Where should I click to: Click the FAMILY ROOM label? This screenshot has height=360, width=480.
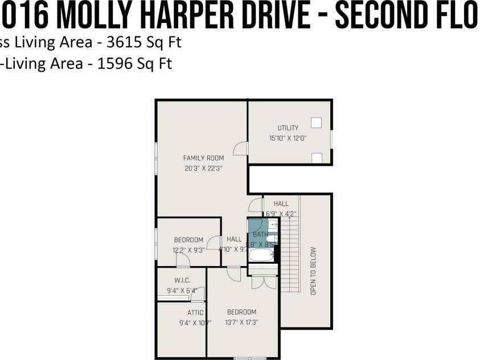(203, 158)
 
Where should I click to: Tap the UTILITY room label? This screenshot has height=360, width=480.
(288, 128)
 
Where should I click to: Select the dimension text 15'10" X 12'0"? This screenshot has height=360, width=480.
(288, 138)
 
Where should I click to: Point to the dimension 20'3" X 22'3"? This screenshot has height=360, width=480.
(203, 168)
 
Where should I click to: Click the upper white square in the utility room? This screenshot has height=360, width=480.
(317, 122)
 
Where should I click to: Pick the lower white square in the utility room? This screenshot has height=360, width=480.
(317, 157)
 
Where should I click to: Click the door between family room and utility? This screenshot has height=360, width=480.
(241, 148)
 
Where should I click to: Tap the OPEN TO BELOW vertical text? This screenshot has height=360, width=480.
(313, 271)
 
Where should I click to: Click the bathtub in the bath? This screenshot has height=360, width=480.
(261, 254)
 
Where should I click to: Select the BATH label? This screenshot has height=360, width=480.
(260, 234)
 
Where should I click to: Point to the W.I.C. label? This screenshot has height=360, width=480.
(182, 280)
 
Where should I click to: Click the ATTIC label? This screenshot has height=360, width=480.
(195, 313)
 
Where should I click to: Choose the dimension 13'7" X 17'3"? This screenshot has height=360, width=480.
(242, 322)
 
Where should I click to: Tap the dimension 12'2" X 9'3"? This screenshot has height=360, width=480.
(188, 249)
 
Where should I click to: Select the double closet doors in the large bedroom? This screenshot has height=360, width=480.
(264, 282)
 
